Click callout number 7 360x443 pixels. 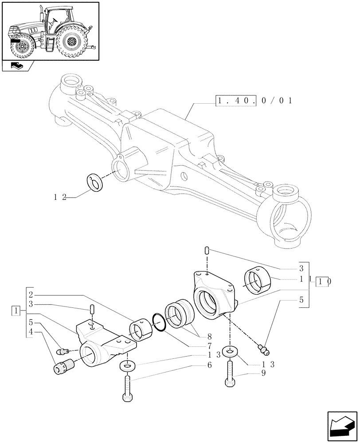click(x=208, y=345)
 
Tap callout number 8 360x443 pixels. click(x=208, y=336)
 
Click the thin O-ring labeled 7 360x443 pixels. click(x=158, y=322)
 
